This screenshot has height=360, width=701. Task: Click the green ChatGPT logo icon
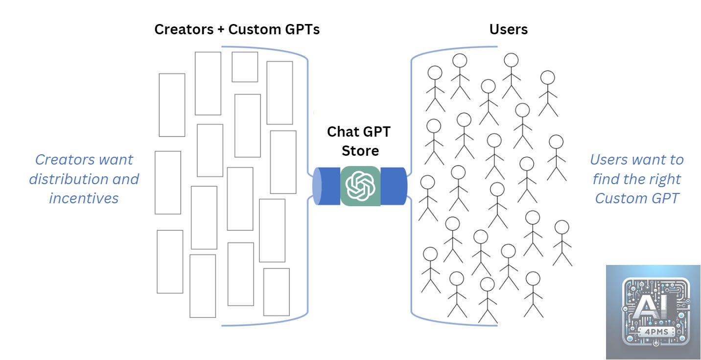coord(360,186)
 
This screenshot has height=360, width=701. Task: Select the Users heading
coord(509,29)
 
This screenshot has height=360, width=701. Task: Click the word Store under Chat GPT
coord(360,150)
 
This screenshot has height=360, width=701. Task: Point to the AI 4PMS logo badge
coord(654,312)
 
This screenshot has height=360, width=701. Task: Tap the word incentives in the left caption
coord(84,198)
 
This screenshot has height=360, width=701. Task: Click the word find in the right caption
coord(606,179)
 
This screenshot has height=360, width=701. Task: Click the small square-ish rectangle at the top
coord(245,67)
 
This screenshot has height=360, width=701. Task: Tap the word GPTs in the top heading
coord(302,29)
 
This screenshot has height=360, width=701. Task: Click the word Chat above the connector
coord(343,132)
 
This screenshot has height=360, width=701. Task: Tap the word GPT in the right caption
coord(664,198)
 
